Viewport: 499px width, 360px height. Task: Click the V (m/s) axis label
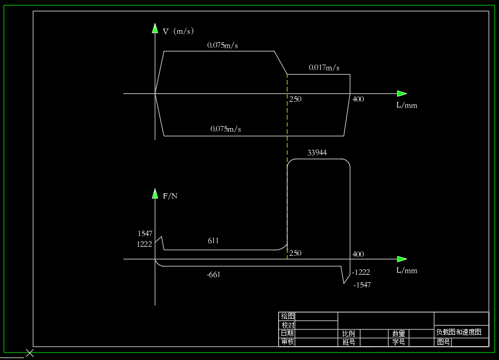coord(178,32)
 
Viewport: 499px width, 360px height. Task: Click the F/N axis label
coord(170,196)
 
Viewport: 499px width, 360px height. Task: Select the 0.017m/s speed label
coord(324,68)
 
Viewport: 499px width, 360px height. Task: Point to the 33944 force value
coord(317,153)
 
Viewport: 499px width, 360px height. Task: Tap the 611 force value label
coord(213,241)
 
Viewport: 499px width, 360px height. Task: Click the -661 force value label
coord(213,275)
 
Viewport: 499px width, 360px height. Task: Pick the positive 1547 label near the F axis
coord(144,233)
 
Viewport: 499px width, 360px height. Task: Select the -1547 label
coord(362,285)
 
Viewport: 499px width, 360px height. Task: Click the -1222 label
coord(361,272)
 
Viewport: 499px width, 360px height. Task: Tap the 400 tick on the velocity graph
coord(358,100)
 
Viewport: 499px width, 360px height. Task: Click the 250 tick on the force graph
coord(295,254)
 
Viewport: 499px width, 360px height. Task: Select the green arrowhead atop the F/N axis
coord(155,193)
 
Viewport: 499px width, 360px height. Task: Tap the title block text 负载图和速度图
coord(459,332)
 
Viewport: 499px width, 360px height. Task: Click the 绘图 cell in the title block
coord(288,316)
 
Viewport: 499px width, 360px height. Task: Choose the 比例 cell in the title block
coord(348,334)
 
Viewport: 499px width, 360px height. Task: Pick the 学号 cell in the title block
coord(398,343)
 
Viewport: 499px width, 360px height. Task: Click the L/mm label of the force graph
coord(406,271)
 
